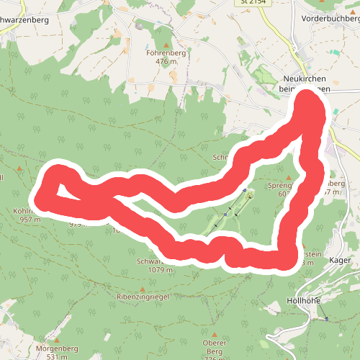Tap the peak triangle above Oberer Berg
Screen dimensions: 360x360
pyautogui.click(x=215, y=333)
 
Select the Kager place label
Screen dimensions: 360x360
pyautogui.click(x=339, y=260)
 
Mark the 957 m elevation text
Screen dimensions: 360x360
pyautogui.click(x=29, y=220)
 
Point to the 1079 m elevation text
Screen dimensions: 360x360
pyautogui.click(x=162, y=271)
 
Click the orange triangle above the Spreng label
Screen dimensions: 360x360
pyautogui.click(x=289, y=177)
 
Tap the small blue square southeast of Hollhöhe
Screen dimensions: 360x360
pyautogui.click(x=326, y=319)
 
